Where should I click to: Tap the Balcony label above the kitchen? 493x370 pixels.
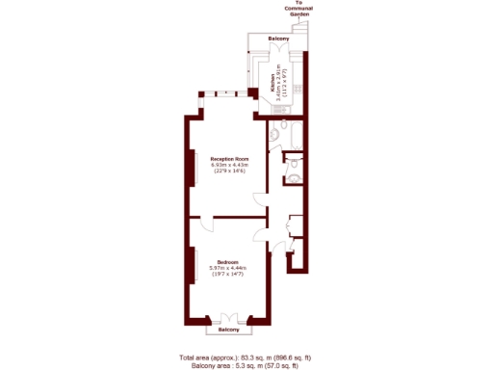(x=278, y=39)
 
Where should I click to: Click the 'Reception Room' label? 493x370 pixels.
(x=230, y=158)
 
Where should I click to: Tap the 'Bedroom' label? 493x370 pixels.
(x=228, y=262)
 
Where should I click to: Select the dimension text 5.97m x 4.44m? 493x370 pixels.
(x=228, y=268)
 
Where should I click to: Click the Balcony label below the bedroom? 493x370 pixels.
(x=228, y=330)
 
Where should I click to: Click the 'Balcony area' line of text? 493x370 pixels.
(x=245, y=364)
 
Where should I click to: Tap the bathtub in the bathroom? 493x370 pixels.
(x=294, y=136)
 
